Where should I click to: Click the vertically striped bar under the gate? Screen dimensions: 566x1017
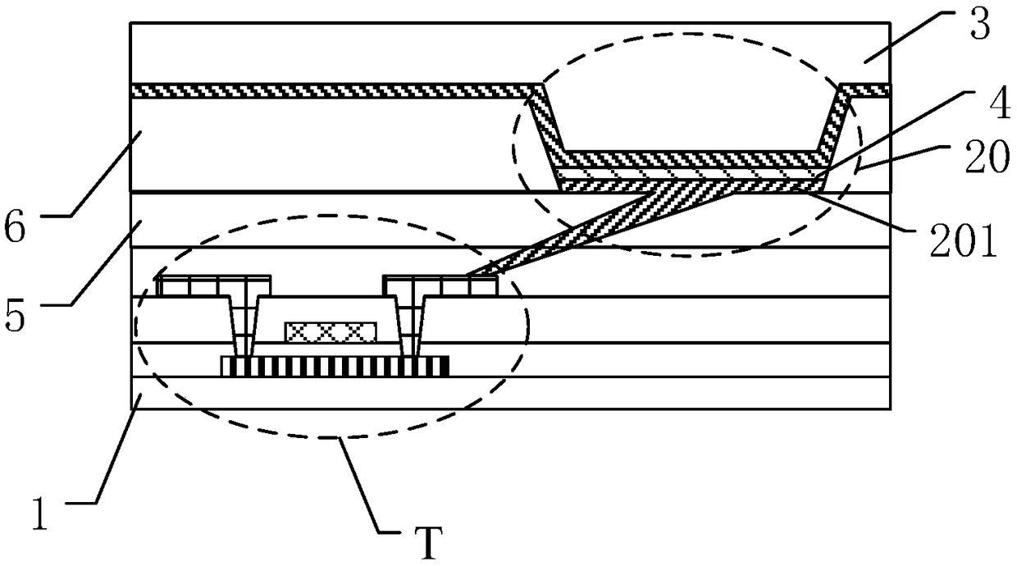(x=335, y=366)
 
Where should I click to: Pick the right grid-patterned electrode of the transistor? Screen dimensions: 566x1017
(x=441, y=286)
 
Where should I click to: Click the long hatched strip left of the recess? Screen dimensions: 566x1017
(x=328, y=90)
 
